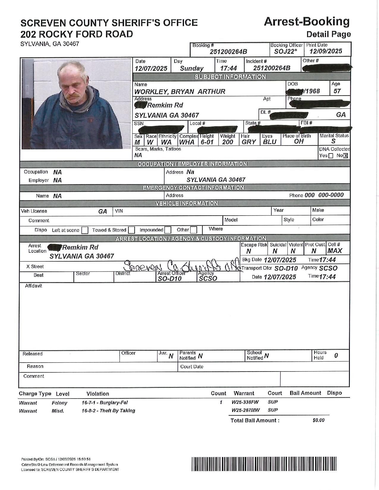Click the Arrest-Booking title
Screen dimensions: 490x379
tap(306, 22)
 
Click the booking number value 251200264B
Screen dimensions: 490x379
tap(228, 52)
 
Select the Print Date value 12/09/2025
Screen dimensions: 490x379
tap(326, 51)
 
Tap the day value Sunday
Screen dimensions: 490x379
tap(192, 68)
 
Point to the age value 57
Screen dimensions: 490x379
tap(337, 91)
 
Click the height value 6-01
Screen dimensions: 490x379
tap(207, 142)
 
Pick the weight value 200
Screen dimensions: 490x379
tap(228, 142)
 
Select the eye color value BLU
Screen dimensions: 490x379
tap(270, 142)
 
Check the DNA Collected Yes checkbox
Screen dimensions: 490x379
tap(331, 156)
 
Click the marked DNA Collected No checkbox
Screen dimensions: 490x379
tap(345, 156)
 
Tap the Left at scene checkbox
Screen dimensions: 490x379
tap(85, 230)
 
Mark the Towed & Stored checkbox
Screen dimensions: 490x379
tap(132, 230)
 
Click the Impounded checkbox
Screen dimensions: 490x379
tap(168, 230)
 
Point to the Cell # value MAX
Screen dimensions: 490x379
tap(335, 251)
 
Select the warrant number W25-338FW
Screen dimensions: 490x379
tap(245, 402)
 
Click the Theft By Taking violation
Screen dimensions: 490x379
tap(108, 410)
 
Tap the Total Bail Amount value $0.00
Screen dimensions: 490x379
tap(318, 420)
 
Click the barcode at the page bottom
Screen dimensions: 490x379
tap(264, 464)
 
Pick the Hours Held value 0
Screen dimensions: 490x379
tap(336, 355)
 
